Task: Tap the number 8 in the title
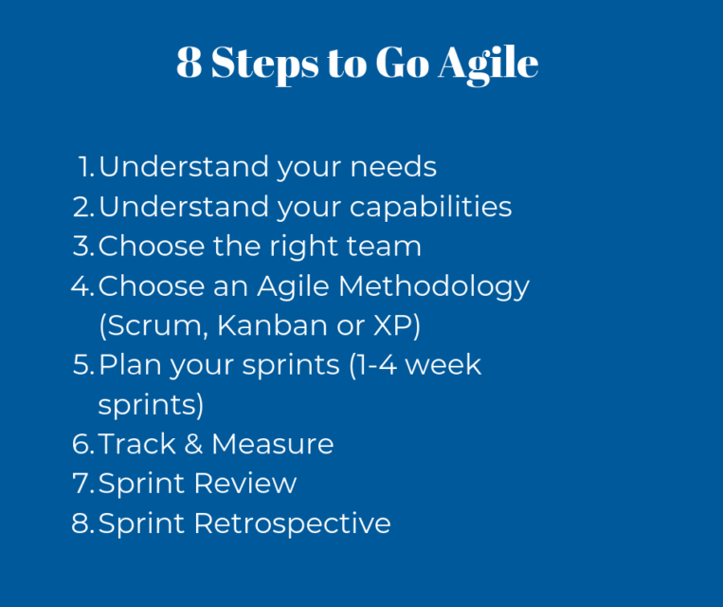(189, 63)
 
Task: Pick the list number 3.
(82, 247)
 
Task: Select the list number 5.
(82, 365)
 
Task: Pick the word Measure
(272, 444)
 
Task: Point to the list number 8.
(82, 524)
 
